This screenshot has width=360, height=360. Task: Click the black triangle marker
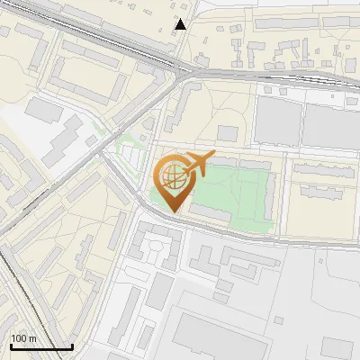click(x=182, y=24)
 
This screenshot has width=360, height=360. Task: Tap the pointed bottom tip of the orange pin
click(x=172, y=211)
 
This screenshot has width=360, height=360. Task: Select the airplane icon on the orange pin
click(x=197, y=166)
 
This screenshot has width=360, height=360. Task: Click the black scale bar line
click(x=41, y=346)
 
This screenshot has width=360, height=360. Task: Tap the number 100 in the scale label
click(x=19, y=338)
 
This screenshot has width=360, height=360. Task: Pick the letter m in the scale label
click(x=32, y=338)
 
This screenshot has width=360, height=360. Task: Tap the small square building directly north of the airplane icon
click(x=228, y=133)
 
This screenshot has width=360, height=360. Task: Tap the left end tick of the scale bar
click(x=10, y=345)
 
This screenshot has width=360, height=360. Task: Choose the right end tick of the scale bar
click(x=72, y=345)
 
